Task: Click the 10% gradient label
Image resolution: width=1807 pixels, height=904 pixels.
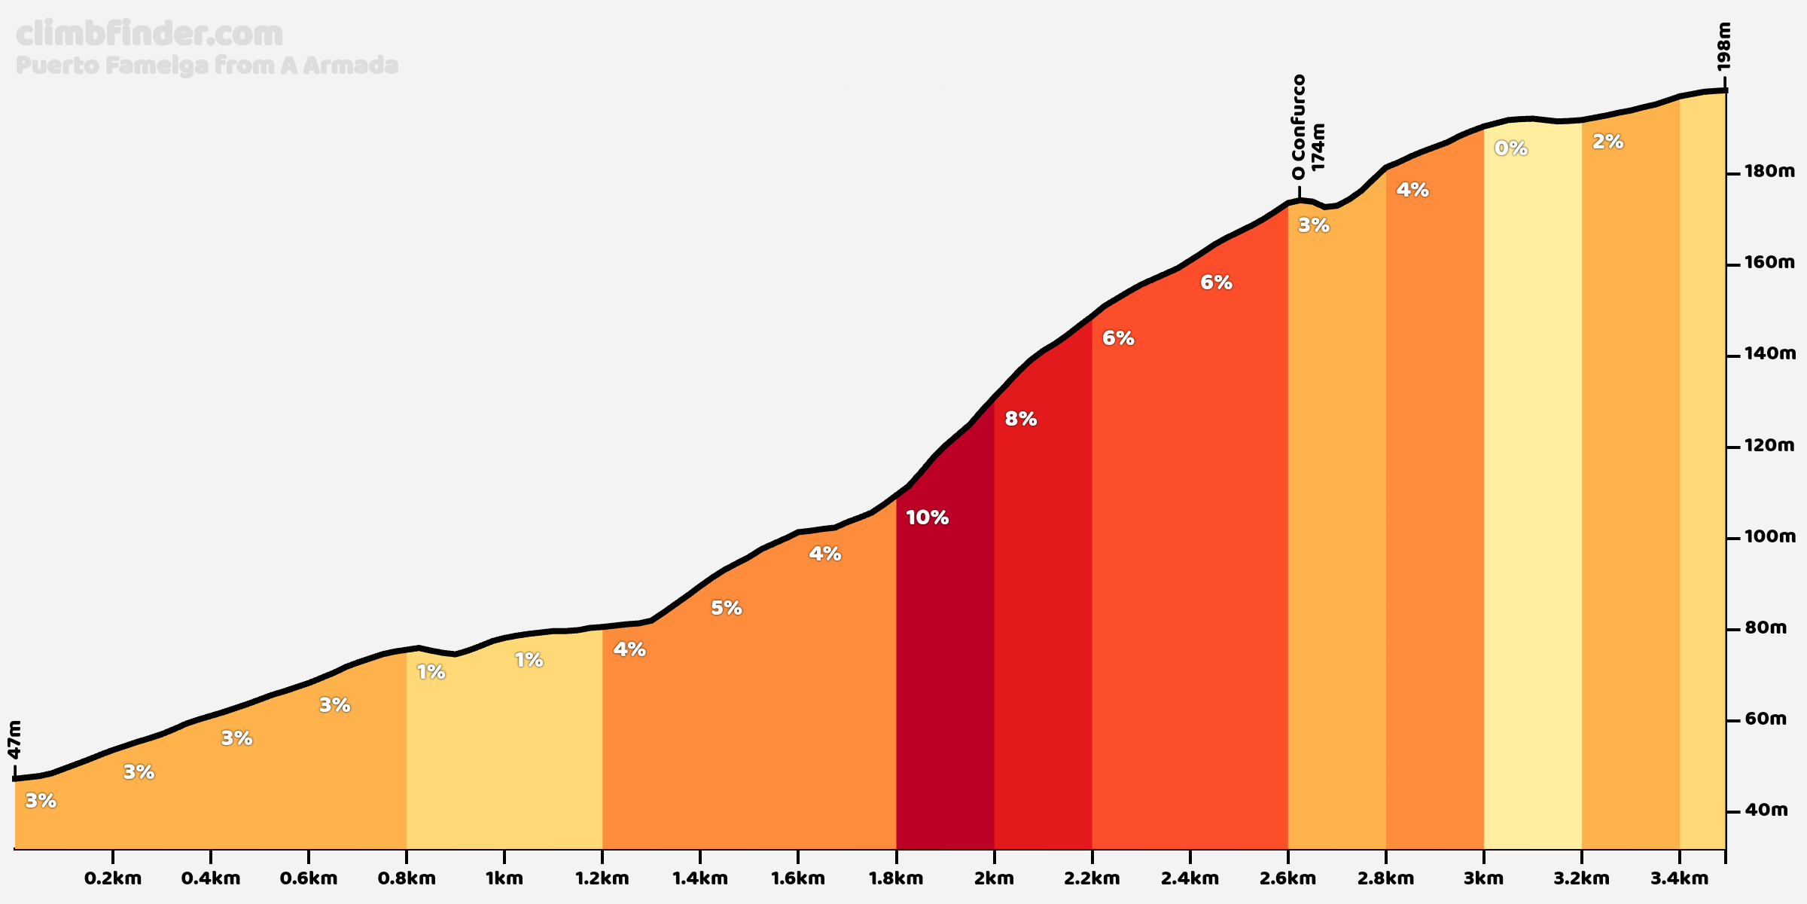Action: (927, 518)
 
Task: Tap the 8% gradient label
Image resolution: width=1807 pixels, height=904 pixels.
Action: (1020, 419)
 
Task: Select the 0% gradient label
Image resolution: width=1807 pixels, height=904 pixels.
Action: (1510, 148)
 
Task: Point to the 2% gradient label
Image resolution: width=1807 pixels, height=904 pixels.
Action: (1607, 142)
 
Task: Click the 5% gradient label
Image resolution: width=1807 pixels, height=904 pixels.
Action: (726, 608)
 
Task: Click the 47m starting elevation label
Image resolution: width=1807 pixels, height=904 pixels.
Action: (14, 740)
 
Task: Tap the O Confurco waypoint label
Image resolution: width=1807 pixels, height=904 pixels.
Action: (1298, 127)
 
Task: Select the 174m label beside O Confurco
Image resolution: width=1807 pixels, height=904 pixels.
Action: (1318, 147)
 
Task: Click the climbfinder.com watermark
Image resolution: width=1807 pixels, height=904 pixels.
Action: (149, 34)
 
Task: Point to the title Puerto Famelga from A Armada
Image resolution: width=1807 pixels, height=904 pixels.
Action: (206, 66)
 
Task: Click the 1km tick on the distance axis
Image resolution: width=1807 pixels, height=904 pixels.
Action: (504, 878)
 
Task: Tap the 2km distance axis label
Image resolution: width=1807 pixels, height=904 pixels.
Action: (994, 878)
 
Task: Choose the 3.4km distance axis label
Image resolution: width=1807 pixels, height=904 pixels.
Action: (1679, 878)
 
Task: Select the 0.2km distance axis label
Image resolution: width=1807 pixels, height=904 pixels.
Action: (113, 878)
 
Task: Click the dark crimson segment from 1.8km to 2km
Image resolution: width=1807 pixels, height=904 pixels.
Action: (945, 678)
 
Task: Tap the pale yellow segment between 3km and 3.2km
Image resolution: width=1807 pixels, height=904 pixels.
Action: (1532, 490)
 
